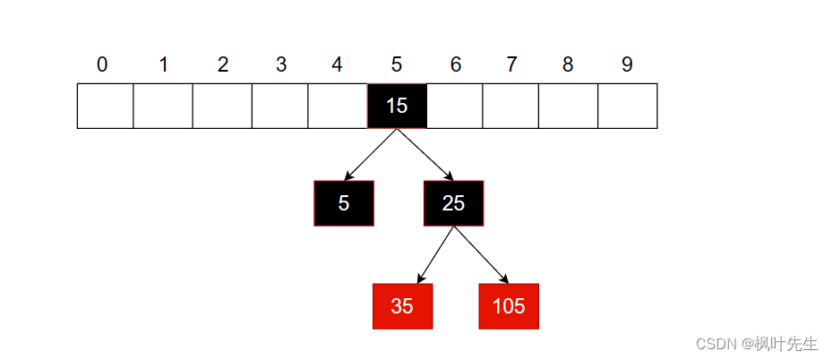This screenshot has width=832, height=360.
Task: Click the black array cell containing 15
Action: (x=397, y=106)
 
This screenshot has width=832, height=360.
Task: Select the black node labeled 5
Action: (x=344, y=203)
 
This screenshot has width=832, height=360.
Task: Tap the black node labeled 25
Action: (x=453, y=203)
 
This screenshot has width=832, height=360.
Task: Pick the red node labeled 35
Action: (x=402, y=306)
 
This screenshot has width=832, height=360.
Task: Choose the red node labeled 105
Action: (x=509, y=306)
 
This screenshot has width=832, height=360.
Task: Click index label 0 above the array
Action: (x=102, y=64)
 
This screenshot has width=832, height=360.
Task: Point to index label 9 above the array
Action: (x=627, y=64)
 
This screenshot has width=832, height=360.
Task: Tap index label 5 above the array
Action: (x=397, y=64)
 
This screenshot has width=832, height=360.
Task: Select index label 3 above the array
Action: (x=281, y=64)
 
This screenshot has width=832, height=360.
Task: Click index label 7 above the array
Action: (x=511, y=64)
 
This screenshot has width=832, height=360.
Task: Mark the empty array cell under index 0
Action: (x=105, y=106)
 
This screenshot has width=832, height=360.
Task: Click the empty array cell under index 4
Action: (x=338, y=106)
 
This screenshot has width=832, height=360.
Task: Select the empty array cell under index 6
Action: (x=455, y=106)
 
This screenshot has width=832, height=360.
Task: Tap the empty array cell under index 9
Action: (x=628, y=106)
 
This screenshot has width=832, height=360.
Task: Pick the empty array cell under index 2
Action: (x=222, y=106)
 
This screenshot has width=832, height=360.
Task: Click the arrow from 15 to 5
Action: (x=371, y=154)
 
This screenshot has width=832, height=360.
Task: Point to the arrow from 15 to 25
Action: (x=425, y=154)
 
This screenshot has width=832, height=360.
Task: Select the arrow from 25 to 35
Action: (x=435, y=255)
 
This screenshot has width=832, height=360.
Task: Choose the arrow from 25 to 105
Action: (x=481, y=255)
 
